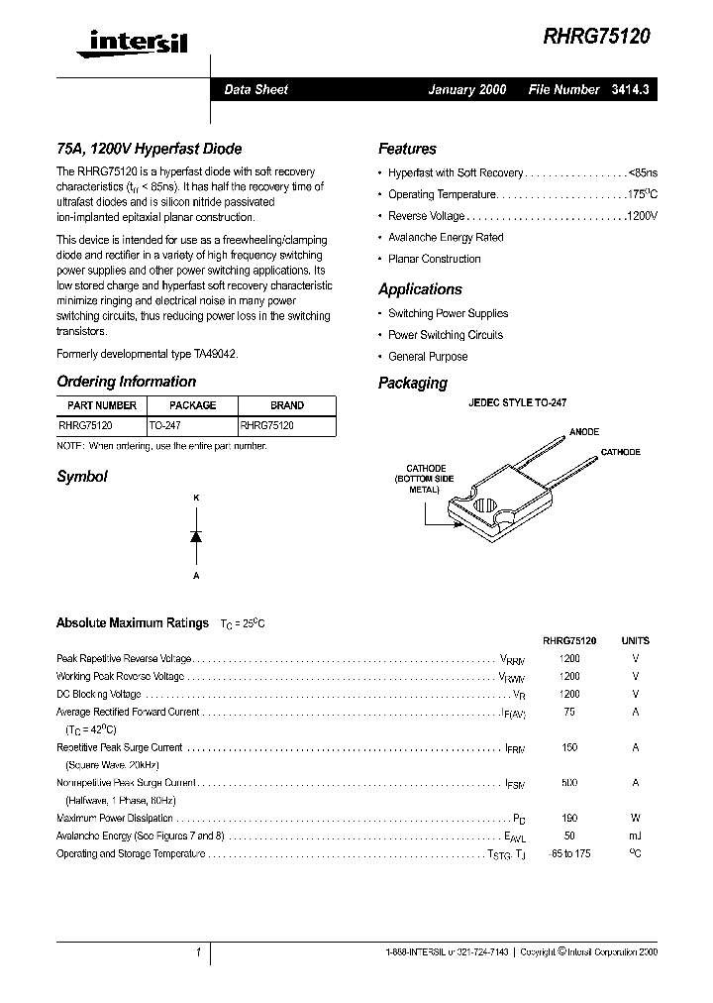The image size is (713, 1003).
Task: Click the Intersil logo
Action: tap(138, 41)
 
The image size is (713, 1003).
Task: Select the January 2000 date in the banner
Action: tap(466, 89)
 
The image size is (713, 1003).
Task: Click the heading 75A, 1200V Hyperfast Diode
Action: tap(149, 149)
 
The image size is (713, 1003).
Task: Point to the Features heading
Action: tap(407, 149)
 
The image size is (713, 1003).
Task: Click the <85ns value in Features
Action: tap(643, 172)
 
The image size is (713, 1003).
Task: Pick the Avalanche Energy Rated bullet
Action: tap(445, 238)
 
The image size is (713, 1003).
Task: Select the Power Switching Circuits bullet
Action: tap(445, 335)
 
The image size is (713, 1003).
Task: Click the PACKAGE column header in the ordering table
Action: tap(192, 405)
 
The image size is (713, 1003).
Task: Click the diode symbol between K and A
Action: tap(196, 535)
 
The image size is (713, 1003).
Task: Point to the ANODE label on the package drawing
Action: tap(583, 432)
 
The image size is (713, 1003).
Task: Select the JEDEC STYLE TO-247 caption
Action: tap(517, 403)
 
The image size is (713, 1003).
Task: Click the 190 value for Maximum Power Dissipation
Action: tap(569, 819)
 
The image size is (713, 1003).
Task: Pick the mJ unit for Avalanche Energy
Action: tap(635, 836)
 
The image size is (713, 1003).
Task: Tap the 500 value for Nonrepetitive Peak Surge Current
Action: tap(569, 783)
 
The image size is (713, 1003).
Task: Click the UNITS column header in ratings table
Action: tap(635, 641)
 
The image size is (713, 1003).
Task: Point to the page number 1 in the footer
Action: tap(198, 952)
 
